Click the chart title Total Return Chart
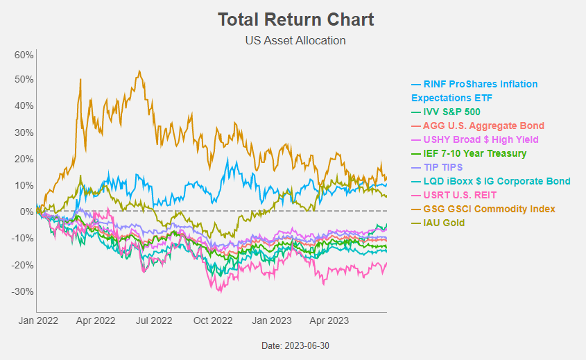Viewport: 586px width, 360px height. (295, 19)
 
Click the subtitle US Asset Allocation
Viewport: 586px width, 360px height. (295, 40)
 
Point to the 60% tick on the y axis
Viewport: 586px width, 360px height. (24, 54)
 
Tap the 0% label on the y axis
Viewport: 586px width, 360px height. (26, 212)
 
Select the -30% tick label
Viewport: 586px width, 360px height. (23, 291)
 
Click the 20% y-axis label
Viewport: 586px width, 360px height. (24, 159)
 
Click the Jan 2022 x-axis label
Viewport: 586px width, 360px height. (37, 321)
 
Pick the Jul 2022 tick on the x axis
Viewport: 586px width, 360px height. (153, 321)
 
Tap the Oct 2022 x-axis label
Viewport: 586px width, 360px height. (212, 321)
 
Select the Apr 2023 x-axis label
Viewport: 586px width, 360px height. (328, 321)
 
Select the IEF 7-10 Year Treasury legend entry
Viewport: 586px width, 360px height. (469, 153)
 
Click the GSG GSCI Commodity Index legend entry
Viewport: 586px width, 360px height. (483, 209)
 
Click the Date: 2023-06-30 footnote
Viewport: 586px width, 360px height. (295, 345)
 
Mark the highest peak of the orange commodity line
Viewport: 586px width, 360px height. (140, 71)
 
